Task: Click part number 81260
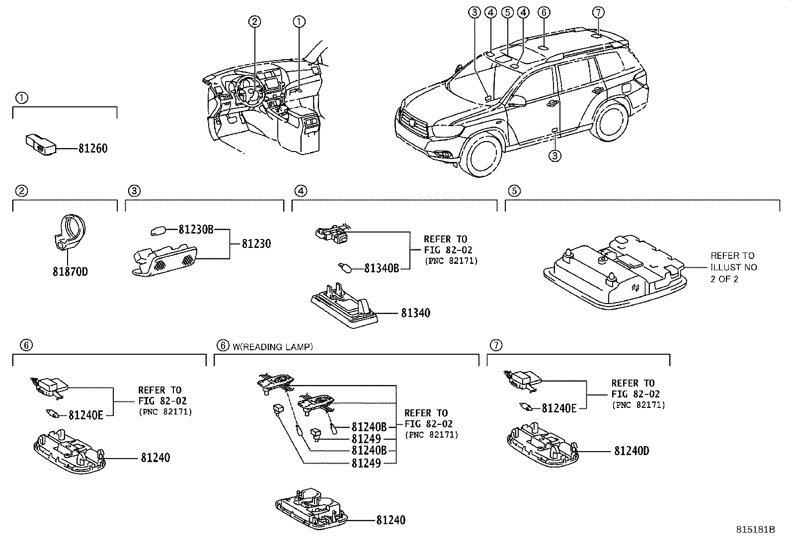(x=92, y=149)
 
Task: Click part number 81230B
(x=196, y=230)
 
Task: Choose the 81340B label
(x=381, y=268)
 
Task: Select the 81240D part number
(x=632, y=451)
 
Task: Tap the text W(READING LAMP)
(x=273, y=347)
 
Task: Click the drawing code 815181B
(x=755, y=530)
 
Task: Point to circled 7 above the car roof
(x=598, y=12)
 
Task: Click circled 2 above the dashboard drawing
(x=254, y=21)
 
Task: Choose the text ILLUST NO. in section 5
(x=735, y=267)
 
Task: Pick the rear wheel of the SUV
(x=615, y=120)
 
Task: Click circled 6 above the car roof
(x=544, y=12)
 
